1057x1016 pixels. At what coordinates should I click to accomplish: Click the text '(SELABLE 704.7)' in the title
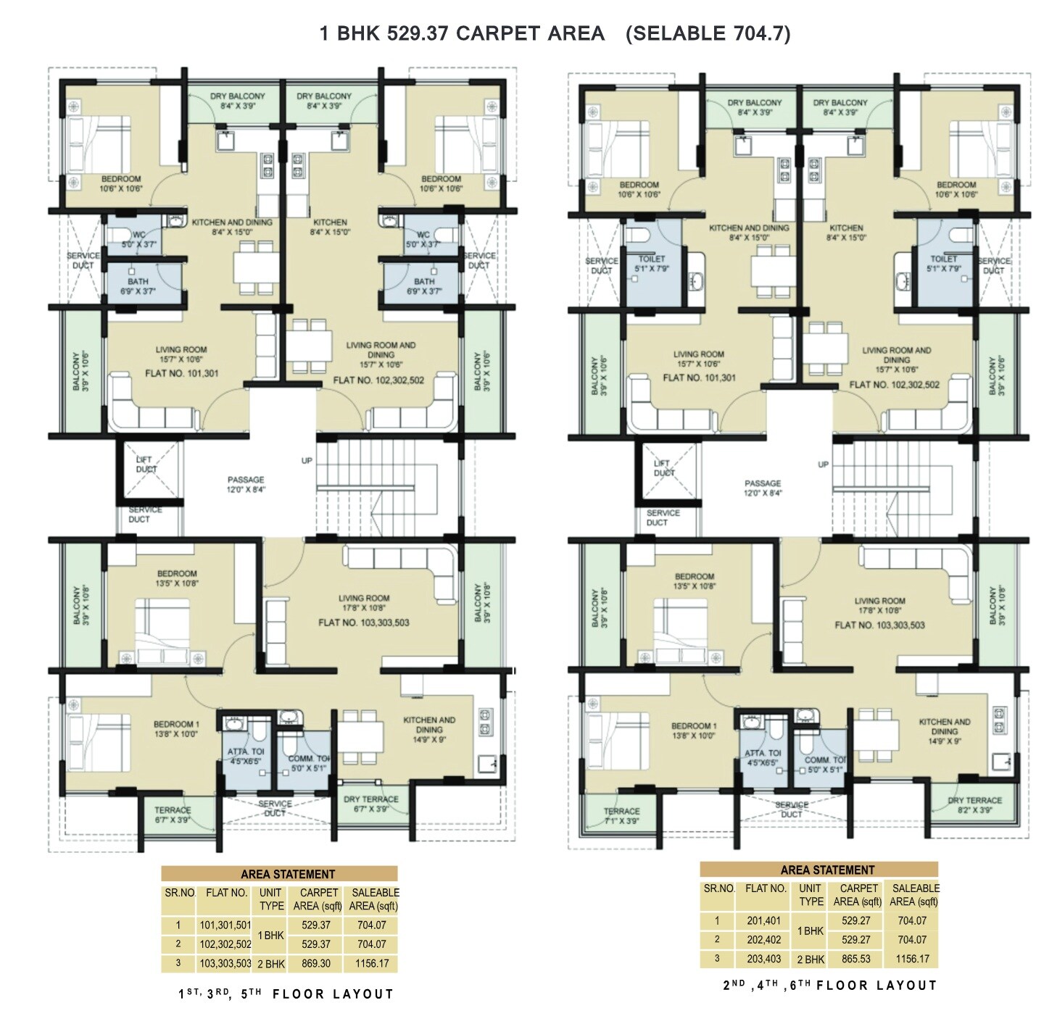(708, 33)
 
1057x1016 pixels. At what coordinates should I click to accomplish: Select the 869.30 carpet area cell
(315, 964)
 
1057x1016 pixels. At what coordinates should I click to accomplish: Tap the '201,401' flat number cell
(764, 920)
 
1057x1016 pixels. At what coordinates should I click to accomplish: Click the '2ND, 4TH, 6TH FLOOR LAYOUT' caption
(830, 986)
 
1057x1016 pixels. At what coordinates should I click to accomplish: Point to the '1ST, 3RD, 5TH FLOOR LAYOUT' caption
(286, 994)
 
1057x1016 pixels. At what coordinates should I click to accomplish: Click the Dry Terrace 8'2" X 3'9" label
(974, 805)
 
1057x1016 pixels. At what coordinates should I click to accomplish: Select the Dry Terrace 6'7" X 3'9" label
(370, 804)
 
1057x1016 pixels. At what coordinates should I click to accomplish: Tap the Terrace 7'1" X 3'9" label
(621, 816)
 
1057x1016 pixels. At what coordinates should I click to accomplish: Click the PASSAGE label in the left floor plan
(246, 484)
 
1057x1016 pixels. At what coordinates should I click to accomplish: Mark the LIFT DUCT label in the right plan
(663, 467)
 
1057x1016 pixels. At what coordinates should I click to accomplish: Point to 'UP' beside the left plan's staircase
(307, 461)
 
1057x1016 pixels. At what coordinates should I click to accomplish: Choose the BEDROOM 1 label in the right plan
(694, 730)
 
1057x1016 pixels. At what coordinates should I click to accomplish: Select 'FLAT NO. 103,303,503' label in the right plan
(879, 625)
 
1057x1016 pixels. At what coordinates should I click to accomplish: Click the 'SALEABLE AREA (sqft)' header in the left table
(374, 899)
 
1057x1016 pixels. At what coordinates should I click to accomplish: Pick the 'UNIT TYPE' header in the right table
(811, 895)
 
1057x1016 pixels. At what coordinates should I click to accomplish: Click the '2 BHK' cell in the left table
(272, 964)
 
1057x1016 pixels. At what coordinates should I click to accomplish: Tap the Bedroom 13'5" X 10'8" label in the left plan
(177, 578)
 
